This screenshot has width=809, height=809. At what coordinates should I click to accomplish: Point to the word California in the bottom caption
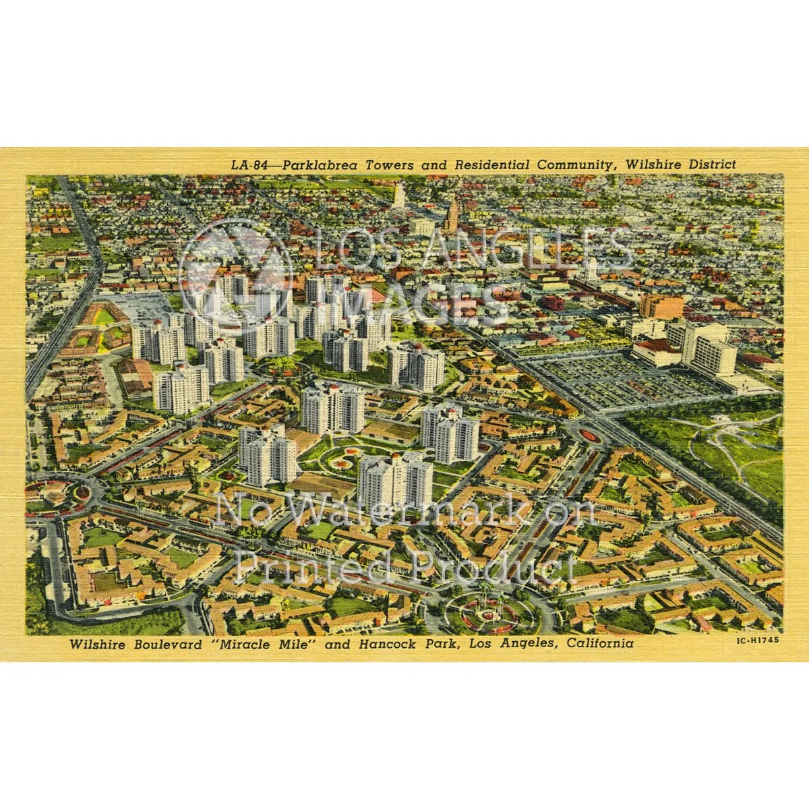pos(599,644)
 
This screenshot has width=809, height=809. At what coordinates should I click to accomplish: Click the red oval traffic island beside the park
pos(590,436)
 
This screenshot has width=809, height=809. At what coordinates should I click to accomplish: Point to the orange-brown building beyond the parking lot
pos(661,307)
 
